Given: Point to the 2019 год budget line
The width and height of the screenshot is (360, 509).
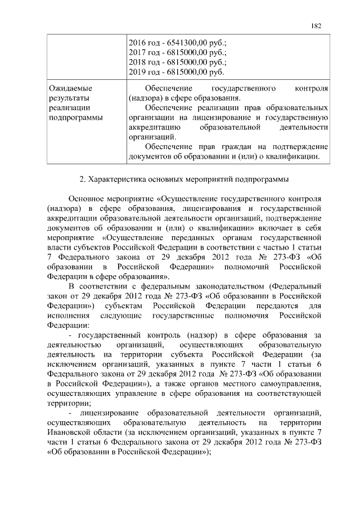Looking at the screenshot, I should tap(176, 73).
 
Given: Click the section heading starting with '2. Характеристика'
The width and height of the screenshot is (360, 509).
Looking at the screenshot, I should tap(184, 180).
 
